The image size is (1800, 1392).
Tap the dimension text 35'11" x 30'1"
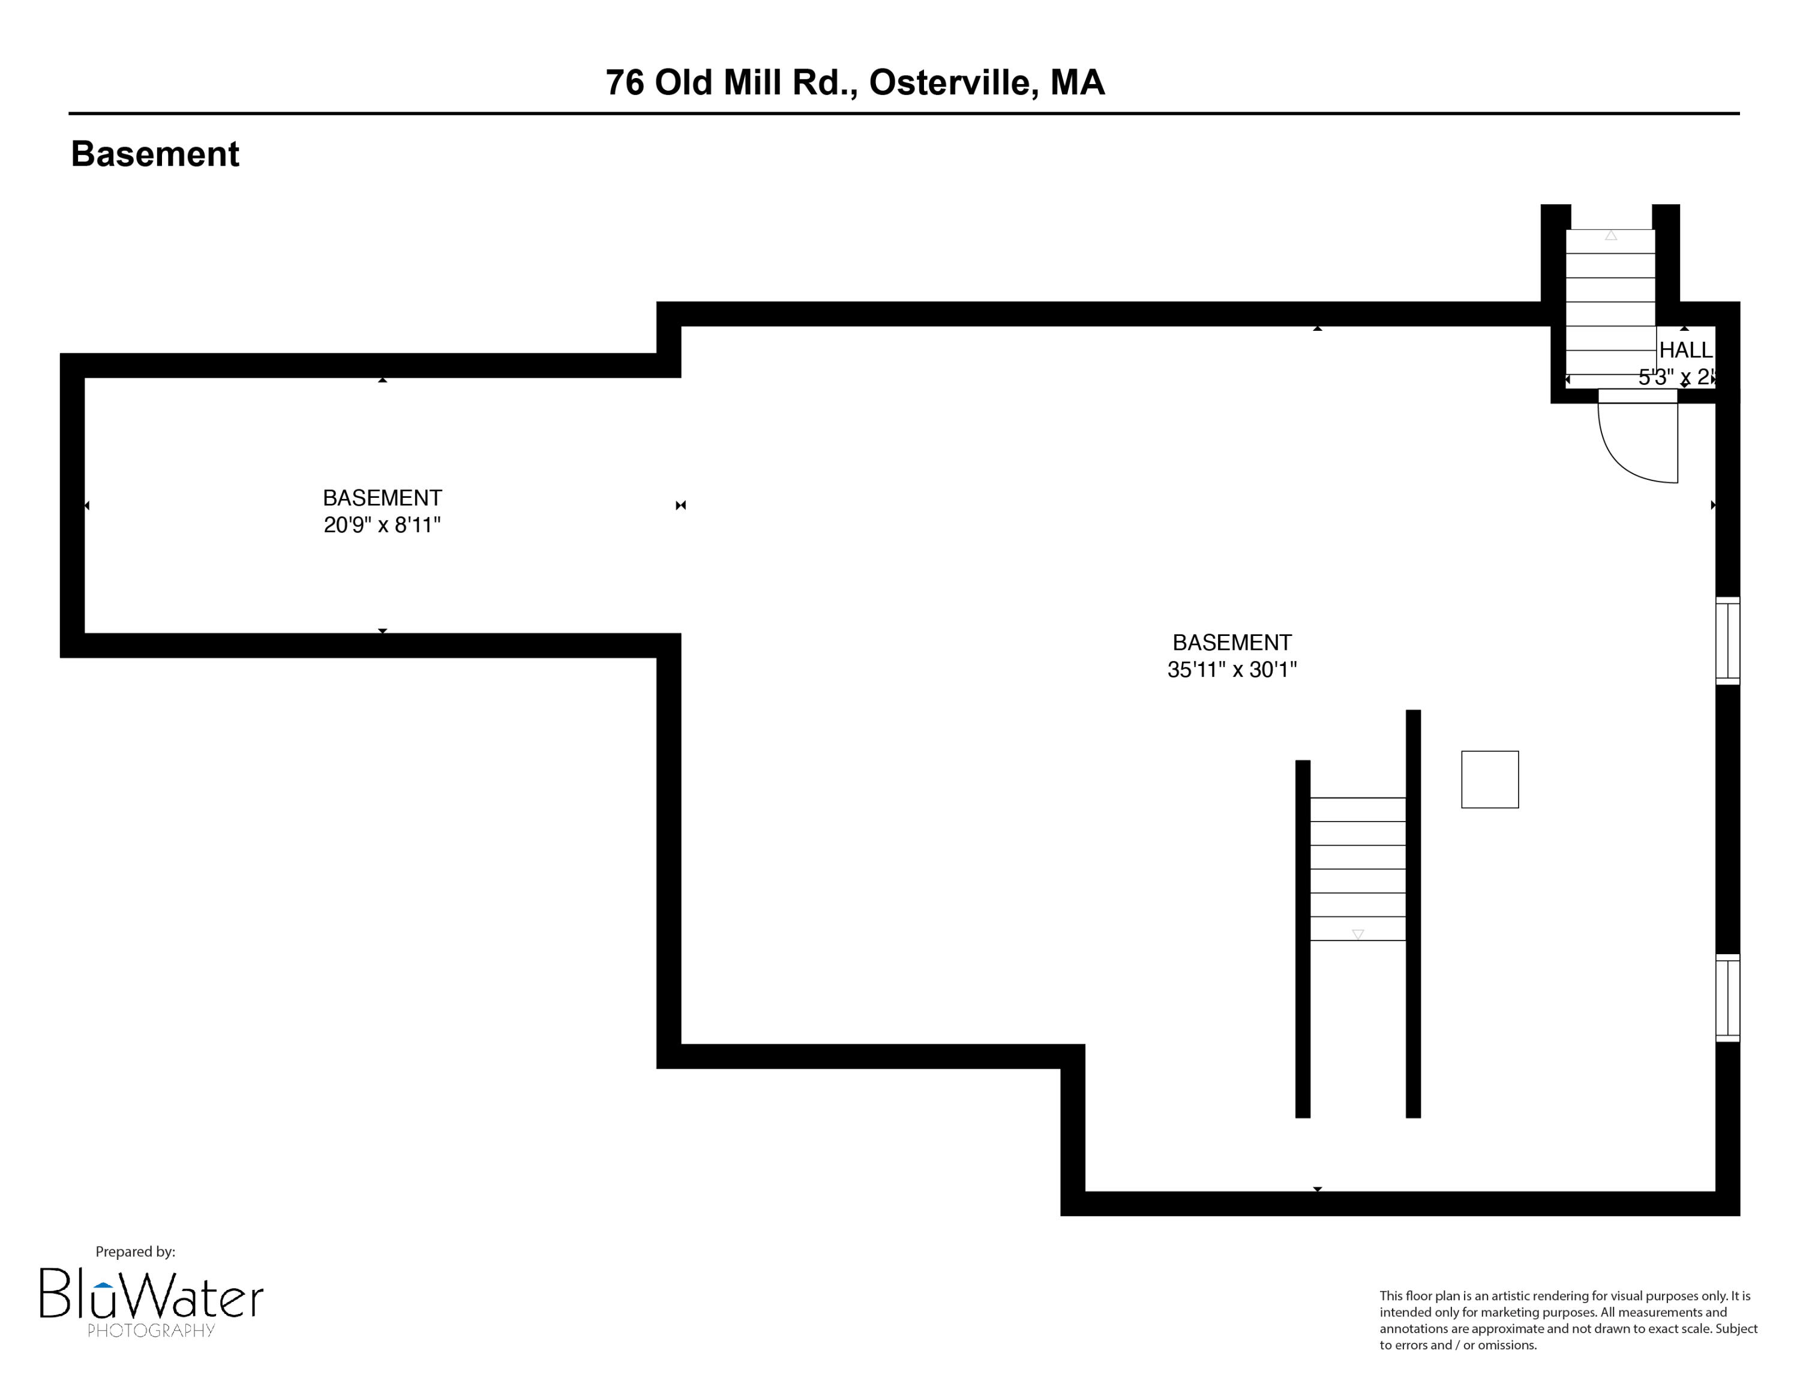1231,670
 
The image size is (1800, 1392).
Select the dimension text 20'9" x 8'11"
382,525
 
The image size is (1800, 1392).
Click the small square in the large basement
1489,779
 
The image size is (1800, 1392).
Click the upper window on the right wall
1727,640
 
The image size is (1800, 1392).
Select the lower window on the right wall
1727,998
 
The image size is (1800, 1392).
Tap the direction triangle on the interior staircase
1357,934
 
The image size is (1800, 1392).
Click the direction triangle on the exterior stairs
1610,236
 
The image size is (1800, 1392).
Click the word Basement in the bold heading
155,154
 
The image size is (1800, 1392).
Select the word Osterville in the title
953,82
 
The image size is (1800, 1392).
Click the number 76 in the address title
624,82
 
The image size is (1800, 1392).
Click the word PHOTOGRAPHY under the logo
151,1330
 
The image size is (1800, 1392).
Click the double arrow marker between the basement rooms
681,506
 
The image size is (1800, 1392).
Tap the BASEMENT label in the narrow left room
382,498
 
